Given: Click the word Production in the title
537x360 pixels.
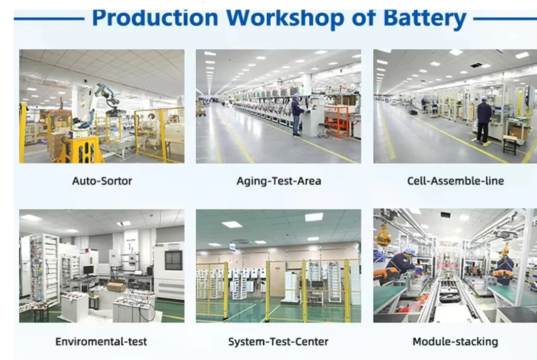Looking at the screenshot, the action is pyautogui.click(x=155, y=18).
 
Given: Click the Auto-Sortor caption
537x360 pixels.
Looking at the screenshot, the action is pyautogui.click(x=102, y=181).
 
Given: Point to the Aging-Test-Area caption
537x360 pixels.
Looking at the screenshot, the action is pyautogui.click(x=279, y=181).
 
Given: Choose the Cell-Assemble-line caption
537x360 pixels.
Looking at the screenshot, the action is pyautogui.click(x=455, y=181).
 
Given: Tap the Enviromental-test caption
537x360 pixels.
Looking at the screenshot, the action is pyautogui.click(x=101, y=342).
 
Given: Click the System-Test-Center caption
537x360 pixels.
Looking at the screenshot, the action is pyautogui.click(x=278, y=342).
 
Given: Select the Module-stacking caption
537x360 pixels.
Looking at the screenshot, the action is pyautogui.click(x=455, y=342).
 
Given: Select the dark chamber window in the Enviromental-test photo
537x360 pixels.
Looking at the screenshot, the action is pyautogui.click(x=173, y=261).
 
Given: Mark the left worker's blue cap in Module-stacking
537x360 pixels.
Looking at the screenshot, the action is pyautogui.click(x=409, y=252).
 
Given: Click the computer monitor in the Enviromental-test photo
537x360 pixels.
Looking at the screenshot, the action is pyautogui.click(x=88, y=270).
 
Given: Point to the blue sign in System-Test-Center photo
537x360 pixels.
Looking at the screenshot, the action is pyautogui.click(x=233, y=247).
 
